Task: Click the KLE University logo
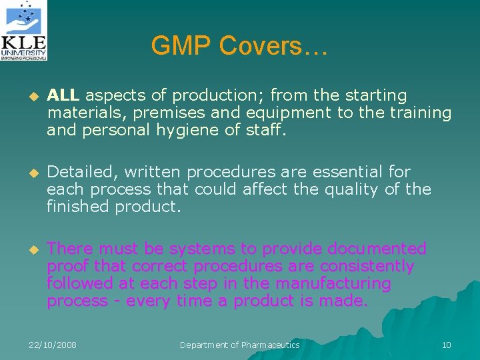point(24,31)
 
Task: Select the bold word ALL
point(63,96)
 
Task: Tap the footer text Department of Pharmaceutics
point(240,345)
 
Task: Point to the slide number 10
point(446,345)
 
